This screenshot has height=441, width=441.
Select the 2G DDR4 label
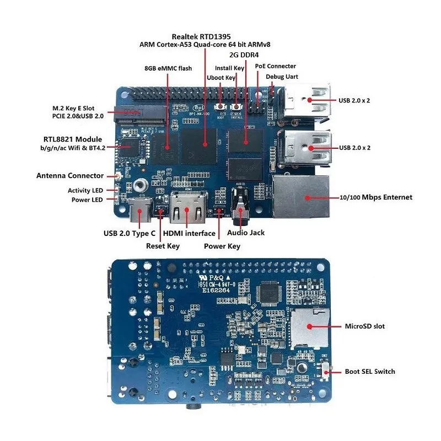coord(244,55)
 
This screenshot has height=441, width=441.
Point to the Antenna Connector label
coord(70,176)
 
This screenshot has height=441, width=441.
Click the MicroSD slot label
coord(364,326)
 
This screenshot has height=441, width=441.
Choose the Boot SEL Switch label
coord(370,372)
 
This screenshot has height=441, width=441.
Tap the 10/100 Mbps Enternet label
coord(377,197)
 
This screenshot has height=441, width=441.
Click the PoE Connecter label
coord(275,66)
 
